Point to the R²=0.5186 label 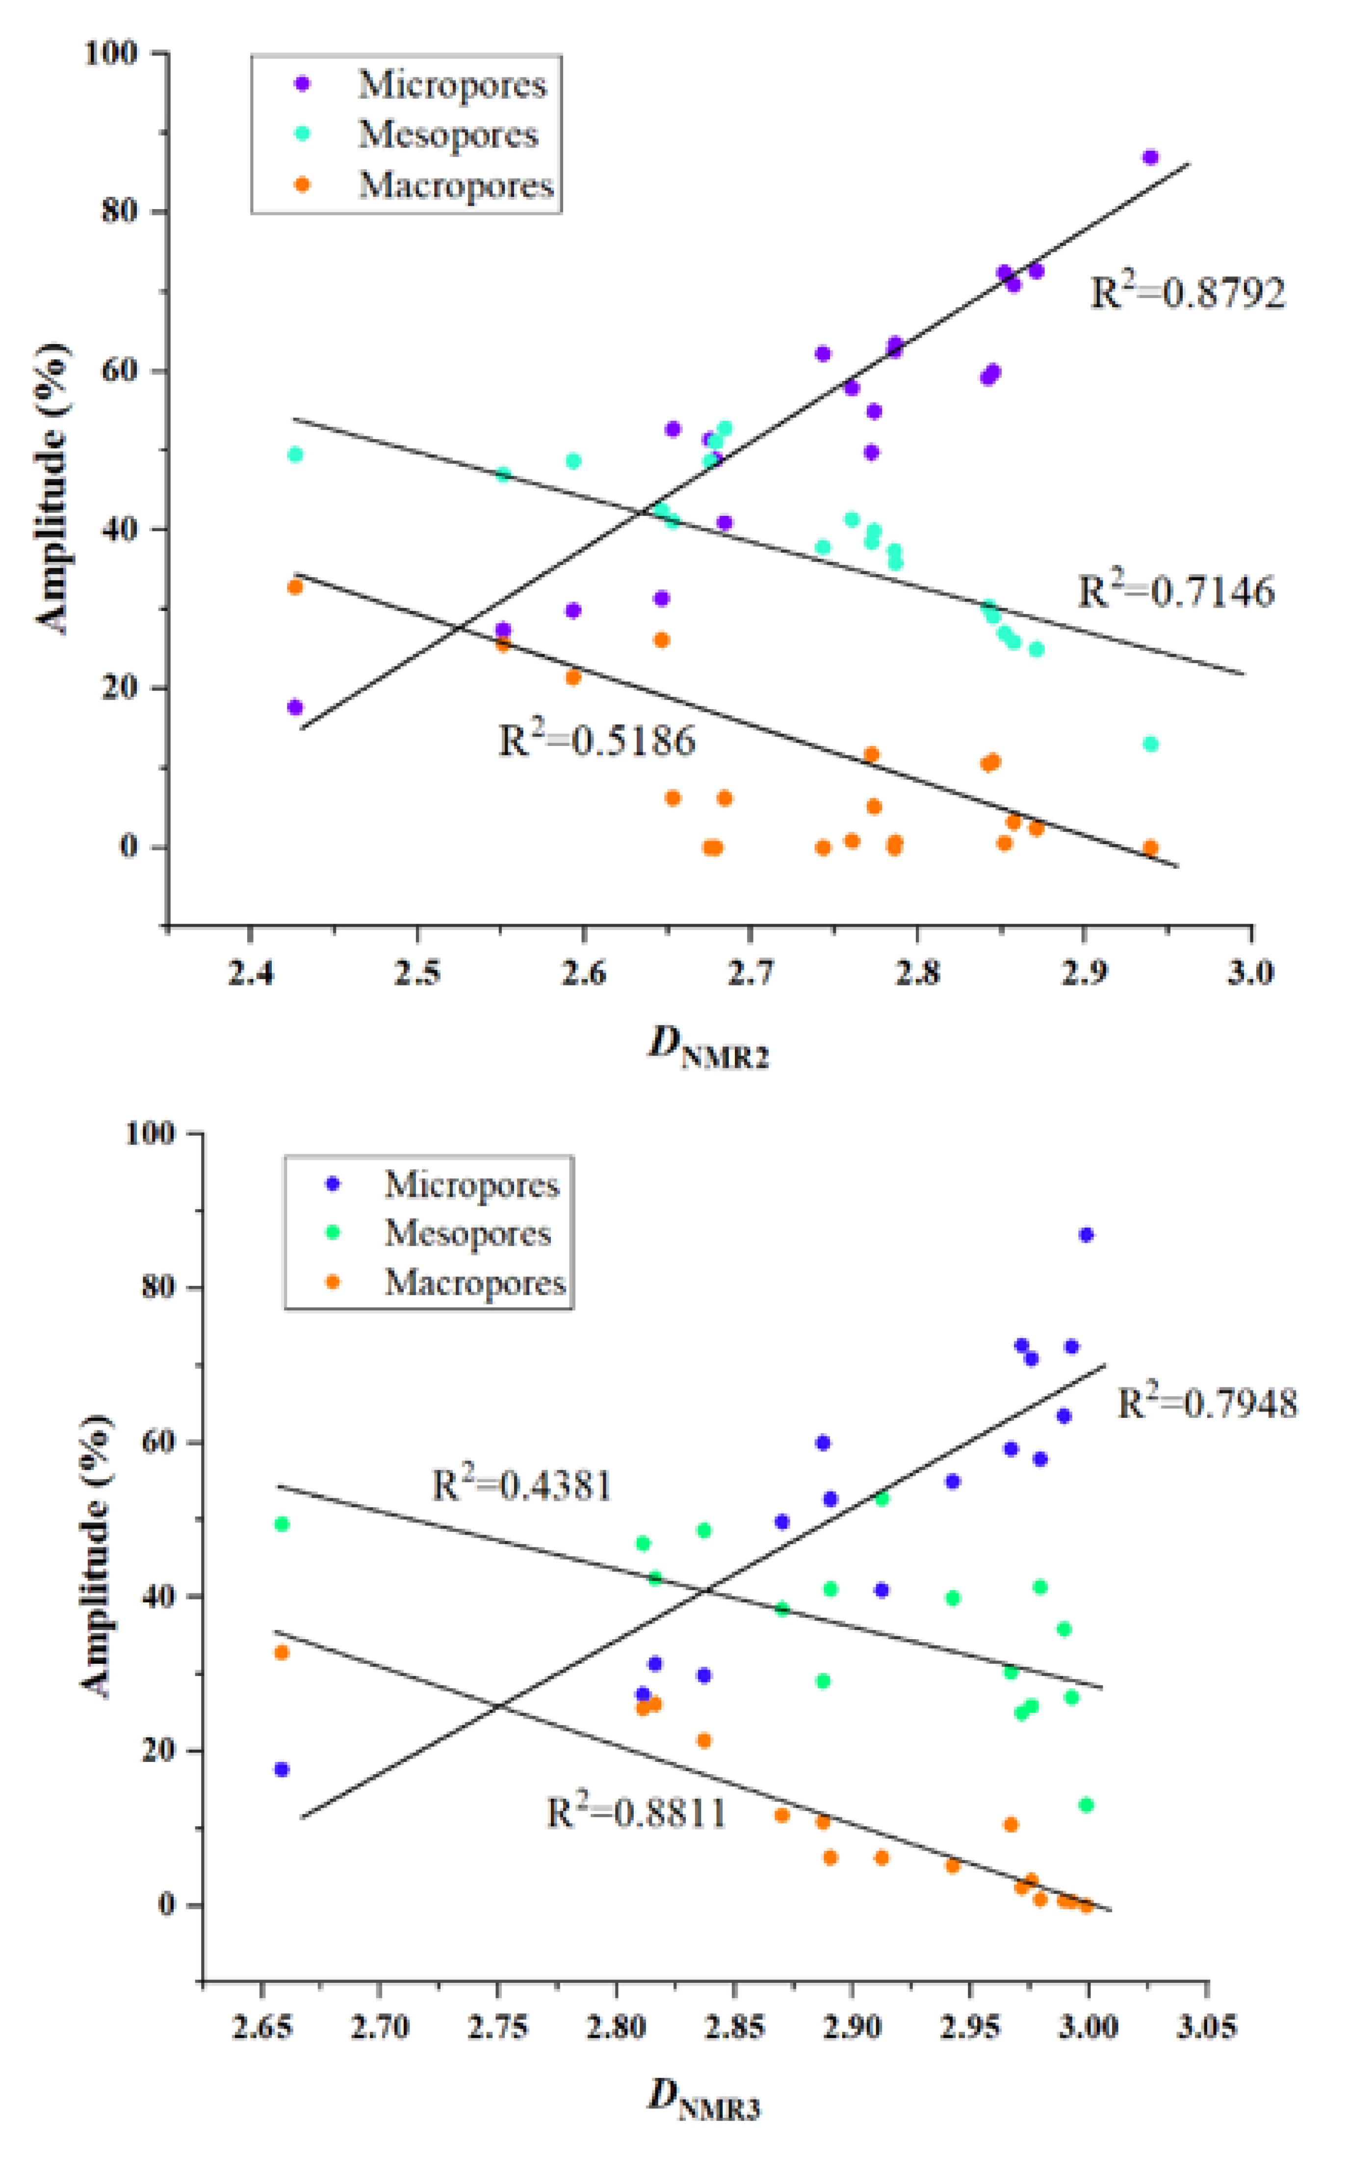pos(596,741)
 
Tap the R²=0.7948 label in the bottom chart pos(1207,1403)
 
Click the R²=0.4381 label pos(522,1486)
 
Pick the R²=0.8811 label pos(636,1813)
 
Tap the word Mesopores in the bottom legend pos(467,1233)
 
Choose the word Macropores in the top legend pos(456,186)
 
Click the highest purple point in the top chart pos(1150,157)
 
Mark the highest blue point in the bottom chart pos(1086,1235)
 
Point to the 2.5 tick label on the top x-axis pos(416,972)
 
